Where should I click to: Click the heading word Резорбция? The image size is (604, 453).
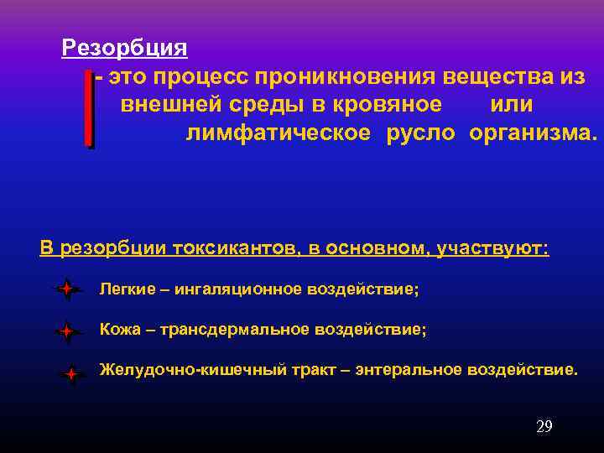[x=124, y=47]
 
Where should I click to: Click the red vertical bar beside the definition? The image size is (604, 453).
[x=89, y=109]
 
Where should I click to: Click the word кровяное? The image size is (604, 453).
[x=388, y=105]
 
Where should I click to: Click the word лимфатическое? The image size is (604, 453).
[x=278, y=133]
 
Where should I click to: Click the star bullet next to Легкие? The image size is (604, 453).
[x=65, y=290]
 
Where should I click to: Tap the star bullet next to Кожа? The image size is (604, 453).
[x=65, y=331]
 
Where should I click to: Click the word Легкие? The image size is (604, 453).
[x=128, y=289]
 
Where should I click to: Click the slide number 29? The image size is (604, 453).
[x=544, y=427]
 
